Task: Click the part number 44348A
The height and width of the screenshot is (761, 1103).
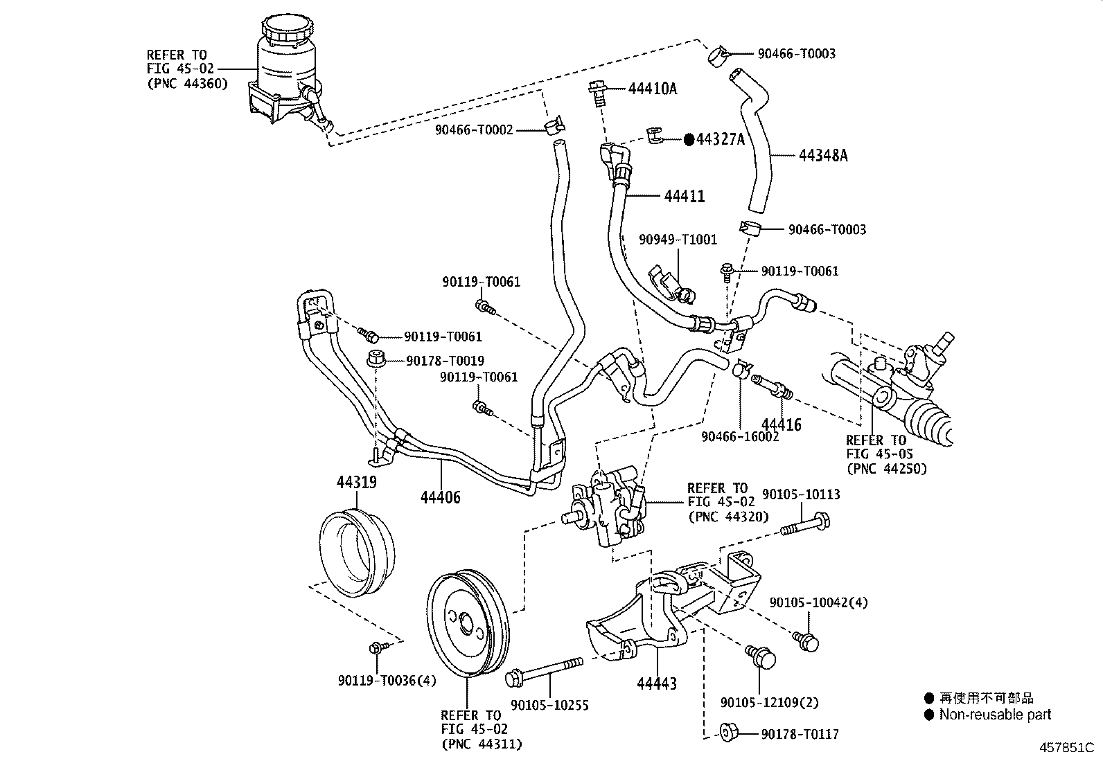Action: coord(823,156)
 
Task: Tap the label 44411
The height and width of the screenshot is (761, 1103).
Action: coord(685,197)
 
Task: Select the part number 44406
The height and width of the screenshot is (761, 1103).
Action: coord(440,497)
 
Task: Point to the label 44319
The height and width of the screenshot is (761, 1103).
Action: coord(357,482)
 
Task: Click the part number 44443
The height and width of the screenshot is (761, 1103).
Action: coord(657,683)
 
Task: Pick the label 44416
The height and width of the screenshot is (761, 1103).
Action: coord(782,424)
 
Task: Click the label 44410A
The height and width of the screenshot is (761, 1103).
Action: coord(653,89)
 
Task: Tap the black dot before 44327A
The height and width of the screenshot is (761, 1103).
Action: coord(689,140)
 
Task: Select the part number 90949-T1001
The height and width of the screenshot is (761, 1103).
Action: coord(678,240)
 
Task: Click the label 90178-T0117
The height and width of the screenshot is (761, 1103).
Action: coord(800,735)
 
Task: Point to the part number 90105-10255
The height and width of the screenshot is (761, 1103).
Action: coord(549,706)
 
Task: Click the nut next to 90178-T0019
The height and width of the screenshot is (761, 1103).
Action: coord(377,358)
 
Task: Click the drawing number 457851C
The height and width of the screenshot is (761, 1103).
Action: coord(1066,748)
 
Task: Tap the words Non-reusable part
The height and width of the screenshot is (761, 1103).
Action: coord(995,714)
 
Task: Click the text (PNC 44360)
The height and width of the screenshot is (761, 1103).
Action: coord(188,84)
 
